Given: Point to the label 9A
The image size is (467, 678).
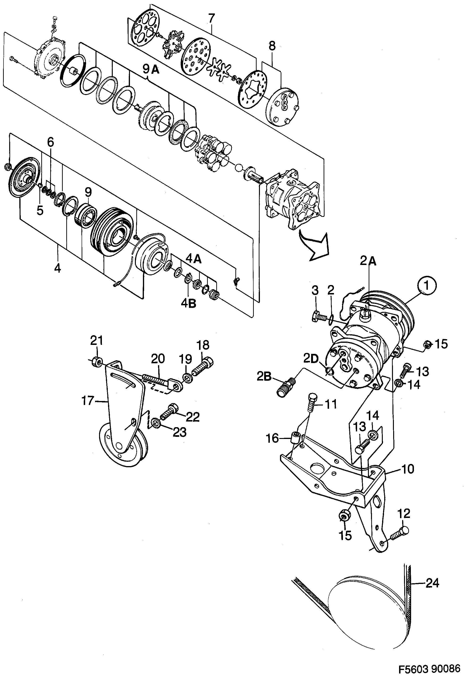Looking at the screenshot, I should point(151,69).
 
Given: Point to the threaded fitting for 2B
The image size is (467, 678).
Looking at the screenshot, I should point(286,387).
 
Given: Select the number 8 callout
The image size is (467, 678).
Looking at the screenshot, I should point(272,46).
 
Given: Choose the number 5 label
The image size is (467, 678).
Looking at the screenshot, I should point(40,210).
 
